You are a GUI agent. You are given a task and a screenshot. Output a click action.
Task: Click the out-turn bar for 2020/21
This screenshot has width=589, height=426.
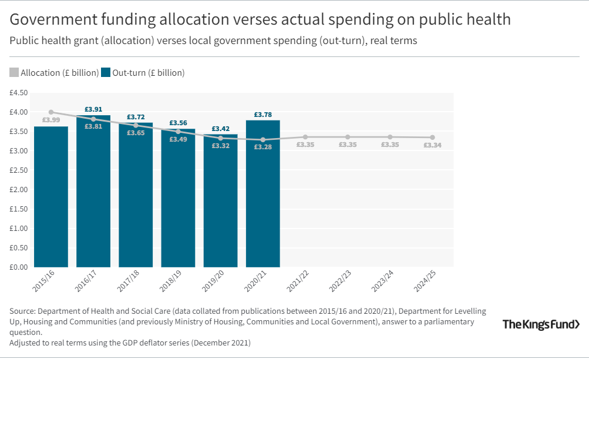click(262, 194)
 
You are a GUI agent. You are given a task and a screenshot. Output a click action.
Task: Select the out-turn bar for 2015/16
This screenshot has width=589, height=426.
click(51, 197)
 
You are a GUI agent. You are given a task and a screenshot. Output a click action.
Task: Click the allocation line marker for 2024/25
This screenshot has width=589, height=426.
click(432, 137)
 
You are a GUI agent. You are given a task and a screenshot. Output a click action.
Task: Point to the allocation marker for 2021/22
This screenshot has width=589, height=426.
click(305, 137)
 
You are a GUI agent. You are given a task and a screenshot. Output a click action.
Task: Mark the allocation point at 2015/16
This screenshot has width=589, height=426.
click(51, 112)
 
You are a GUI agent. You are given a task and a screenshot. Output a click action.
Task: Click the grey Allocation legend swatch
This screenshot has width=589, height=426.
click(14, 73)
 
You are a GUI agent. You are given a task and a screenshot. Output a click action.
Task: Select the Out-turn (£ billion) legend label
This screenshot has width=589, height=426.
click(149, 73)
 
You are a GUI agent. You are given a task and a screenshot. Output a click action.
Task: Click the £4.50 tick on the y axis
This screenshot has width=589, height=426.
click(18, 93)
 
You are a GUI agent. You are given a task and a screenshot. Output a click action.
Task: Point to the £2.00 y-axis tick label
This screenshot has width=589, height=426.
click(18, 190)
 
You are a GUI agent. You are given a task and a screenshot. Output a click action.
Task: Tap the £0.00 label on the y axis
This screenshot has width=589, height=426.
click(18, 267)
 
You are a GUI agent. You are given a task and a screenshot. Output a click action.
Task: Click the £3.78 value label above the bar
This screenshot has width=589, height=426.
click(262, 115)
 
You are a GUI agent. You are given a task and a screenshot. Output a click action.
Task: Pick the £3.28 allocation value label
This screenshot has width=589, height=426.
click(262, 147)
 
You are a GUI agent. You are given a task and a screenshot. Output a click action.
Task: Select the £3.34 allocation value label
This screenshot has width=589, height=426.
click(432, 145)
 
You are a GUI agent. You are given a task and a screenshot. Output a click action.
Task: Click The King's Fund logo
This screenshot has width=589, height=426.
click(541, 324)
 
